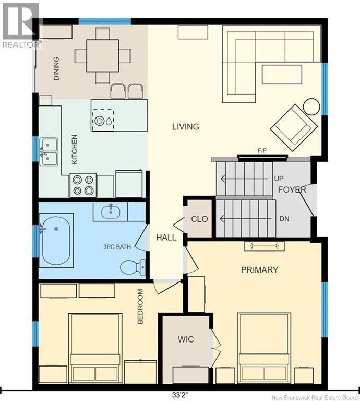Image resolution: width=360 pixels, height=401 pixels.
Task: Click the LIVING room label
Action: click(x=186, y=127)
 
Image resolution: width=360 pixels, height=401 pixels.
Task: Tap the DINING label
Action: click(x=56, y=68)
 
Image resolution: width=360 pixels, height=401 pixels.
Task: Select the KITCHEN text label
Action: click(x=75, y=150)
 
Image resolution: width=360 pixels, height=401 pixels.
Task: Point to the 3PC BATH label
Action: click(x=117, y=247)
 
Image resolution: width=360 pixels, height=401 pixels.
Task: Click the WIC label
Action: click(x=186, y=339)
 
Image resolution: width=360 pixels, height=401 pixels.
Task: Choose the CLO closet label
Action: click(x=199, y=219)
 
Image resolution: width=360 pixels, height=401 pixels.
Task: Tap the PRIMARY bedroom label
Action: click(x=259, y=270)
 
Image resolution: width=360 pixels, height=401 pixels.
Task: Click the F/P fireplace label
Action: click(x=262, y=151)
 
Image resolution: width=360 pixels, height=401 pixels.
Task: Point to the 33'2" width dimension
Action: click(x=180, y=395)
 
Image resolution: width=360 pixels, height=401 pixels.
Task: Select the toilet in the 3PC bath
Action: click(x=133, y=267)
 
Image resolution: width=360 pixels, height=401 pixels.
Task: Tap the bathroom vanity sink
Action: click(x=111, y=212)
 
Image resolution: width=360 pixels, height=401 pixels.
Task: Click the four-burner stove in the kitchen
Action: click(x=83, y=185)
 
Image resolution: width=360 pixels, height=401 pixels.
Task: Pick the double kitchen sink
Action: click(x=49, y=152)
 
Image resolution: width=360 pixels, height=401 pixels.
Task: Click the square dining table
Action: click(x=102, y=55)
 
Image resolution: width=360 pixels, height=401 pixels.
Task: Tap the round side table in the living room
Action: click(x=312, y=107)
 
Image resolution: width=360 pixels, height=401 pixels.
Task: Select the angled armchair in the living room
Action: click(x=294, y=128)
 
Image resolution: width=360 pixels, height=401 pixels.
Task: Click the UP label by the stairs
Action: click(x=279, y=179)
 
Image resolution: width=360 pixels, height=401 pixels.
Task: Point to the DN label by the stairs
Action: click(x=284, y=219)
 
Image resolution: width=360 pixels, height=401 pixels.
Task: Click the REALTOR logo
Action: click(x=21, y=26)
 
